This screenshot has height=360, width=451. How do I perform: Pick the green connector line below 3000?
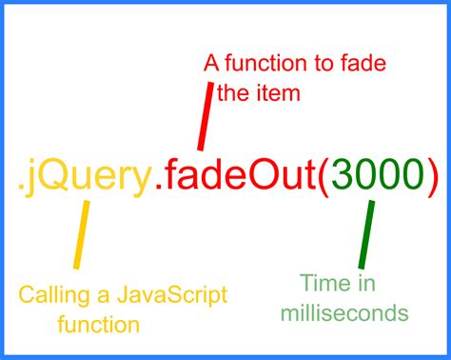pos(363,239)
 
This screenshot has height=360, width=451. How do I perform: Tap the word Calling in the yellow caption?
pos(51,292)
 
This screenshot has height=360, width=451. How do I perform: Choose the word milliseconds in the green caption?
pos(353,313)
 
